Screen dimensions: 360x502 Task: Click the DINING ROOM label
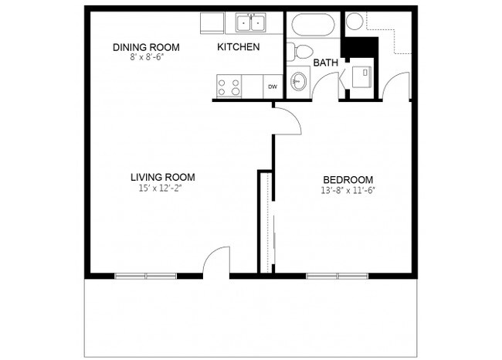140,47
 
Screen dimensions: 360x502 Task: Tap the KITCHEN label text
238,47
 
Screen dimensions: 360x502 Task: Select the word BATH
325,63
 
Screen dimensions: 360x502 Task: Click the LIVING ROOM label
162,176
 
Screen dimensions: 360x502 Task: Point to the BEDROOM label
348,179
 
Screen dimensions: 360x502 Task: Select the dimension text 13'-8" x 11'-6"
348,190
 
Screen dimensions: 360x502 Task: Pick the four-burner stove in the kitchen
229,87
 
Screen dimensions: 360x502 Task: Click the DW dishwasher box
272,87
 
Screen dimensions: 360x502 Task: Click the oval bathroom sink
299,81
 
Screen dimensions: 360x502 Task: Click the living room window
145,276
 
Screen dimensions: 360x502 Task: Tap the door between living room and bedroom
285,121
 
